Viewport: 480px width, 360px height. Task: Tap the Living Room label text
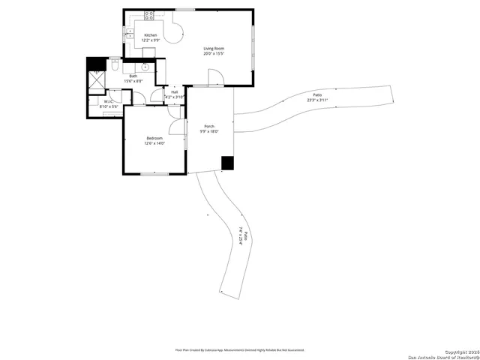(x=214, y=49)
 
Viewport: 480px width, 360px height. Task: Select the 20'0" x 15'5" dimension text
(x=214, y=54)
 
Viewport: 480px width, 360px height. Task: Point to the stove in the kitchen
(x=149, y=14)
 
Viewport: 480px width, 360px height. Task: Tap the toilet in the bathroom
(x=113, y=67)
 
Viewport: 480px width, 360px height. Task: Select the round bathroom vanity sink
(x=145, y=67)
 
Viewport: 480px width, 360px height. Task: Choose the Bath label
(x=133, y=76)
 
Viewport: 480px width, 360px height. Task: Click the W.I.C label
(x=109, y=101)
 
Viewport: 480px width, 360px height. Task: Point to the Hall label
(x=174, y=92)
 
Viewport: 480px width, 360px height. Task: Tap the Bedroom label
(x=154, y=139)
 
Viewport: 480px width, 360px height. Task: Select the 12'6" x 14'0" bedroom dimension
(x=154, y=144)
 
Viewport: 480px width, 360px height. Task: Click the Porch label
(x=208, y=126)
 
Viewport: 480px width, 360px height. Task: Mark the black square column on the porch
(x=227, y=163)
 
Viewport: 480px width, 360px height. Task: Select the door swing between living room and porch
(x=214, y=76)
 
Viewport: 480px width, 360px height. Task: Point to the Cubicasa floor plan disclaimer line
(x=240, y=349)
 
